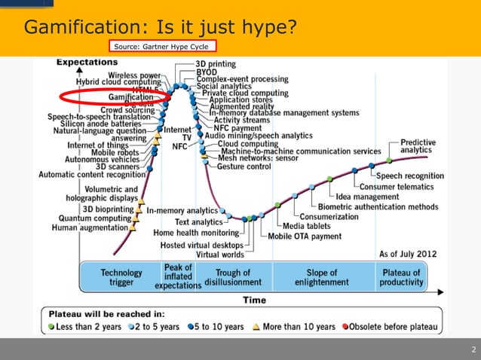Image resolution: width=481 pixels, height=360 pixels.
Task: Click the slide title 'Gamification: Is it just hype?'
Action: tap(160, 28)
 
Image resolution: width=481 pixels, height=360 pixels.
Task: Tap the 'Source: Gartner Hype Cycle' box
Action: tap(161, 47)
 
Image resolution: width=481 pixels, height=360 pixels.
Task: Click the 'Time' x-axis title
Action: tap(254, 300)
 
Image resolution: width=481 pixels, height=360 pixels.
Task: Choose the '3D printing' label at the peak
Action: tap(216, 64)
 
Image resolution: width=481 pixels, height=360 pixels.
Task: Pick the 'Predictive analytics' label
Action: tap(416, 146)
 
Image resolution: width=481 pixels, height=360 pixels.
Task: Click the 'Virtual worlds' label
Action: tap(219, 255)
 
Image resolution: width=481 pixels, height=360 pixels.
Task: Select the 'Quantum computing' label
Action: tap(95, 218)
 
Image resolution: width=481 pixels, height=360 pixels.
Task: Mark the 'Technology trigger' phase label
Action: tap(121, 277)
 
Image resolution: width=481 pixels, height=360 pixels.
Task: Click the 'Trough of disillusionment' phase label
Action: tap(233, 277)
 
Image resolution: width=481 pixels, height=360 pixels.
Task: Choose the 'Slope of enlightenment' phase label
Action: tap(327, 277)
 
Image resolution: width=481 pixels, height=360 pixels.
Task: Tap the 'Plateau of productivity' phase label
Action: tap(401, 277)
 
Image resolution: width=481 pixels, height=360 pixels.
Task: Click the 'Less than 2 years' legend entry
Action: tap(83, 327)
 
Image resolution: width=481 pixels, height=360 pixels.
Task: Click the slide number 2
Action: tap(473, 349)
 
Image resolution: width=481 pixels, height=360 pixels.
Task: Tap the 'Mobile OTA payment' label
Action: tap(305, 236)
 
